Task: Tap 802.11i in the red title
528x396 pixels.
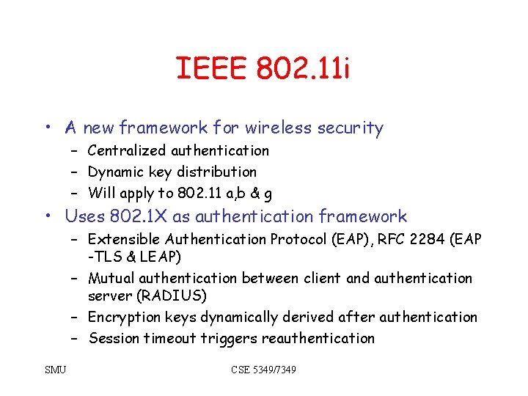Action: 303,69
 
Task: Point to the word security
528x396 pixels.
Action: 351,128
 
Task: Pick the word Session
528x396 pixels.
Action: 114,338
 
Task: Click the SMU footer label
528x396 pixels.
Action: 54,370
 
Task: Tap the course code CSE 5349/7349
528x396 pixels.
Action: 263,370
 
